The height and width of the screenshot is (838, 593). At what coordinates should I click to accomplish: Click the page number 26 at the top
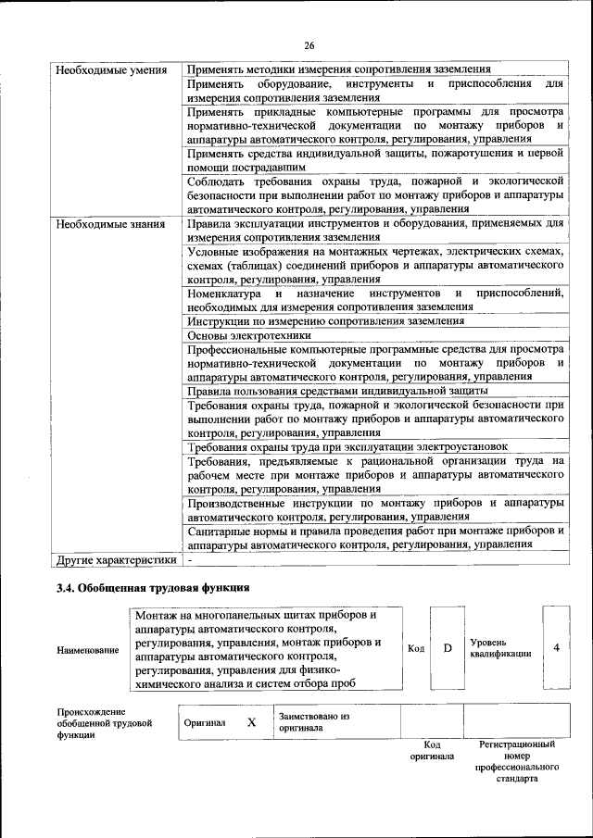click(x=309, y=44)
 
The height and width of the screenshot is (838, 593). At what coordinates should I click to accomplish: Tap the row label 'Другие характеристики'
click(x=117, y=560)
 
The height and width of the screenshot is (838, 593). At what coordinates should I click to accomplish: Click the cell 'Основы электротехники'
click(x=249, y=335)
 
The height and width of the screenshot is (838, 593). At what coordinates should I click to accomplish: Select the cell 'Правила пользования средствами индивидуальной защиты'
click(x=336, y=391)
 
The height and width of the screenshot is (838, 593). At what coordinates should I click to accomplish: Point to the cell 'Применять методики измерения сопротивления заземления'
click(x=338, y=70)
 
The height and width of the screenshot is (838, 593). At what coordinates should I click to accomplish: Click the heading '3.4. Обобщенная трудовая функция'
click(x=153, y=588)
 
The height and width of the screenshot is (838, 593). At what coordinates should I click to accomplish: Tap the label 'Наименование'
click(x=88, y=650)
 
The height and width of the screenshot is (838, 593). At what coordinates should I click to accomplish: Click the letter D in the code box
click(x=447, y=648)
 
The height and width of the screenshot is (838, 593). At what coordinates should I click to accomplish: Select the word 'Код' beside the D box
click(x=416, y=648)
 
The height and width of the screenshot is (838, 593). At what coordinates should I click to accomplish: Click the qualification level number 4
click(x=556, y=647)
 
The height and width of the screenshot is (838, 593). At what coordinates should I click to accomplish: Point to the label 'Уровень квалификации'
click(x=500, y=647)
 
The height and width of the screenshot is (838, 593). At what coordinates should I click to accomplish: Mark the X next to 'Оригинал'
click(x=251, y=722)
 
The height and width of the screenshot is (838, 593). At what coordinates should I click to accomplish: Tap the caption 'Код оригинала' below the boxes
click(x=432, y=750)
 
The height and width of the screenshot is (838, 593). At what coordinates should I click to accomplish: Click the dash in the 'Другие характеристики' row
click(x=190, y=560)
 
